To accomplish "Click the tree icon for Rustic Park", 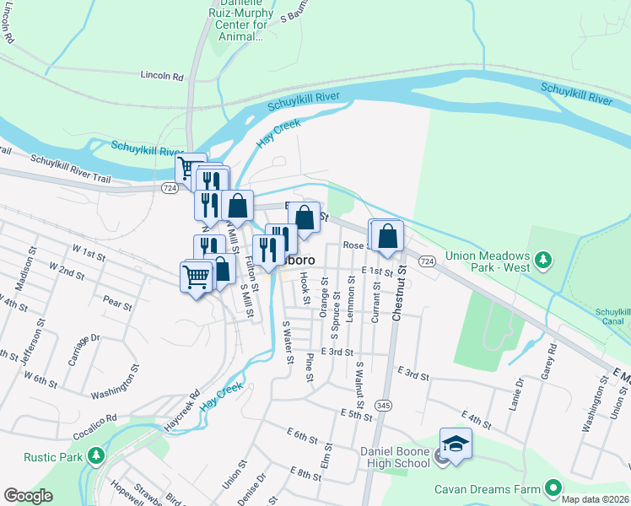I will click(96, 456).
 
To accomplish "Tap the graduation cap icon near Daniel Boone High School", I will click(456, 444).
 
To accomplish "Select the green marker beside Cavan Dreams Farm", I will click(553, 487).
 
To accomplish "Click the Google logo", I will click(28, 496).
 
